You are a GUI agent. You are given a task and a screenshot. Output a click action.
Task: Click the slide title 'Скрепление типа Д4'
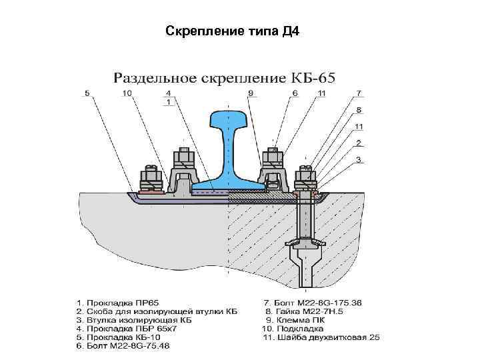point(232,31)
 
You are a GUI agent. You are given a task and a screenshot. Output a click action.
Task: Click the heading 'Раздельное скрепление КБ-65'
point(225,77)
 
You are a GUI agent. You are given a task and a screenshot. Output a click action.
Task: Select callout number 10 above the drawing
point(127,93)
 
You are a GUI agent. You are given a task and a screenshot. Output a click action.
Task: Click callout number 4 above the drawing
point(168,93)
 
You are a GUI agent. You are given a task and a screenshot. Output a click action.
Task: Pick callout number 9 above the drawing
point(250,93)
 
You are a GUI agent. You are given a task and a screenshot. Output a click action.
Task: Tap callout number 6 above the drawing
point(294,93)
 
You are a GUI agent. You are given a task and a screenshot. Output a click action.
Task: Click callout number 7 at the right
point(359,93)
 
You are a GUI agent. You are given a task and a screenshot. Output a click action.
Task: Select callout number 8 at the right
point(359,109)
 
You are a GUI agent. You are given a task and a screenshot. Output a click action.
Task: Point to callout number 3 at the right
point(359,159)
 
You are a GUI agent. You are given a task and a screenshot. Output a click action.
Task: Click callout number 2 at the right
point(359,143)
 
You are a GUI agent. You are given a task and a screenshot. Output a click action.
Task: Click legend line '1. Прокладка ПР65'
point(117,302)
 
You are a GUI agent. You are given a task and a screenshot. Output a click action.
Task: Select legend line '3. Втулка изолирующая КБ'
point(133,320)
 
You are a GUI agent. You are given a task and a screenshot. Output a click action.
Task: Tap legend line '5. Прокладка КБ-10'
point(120,337)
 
